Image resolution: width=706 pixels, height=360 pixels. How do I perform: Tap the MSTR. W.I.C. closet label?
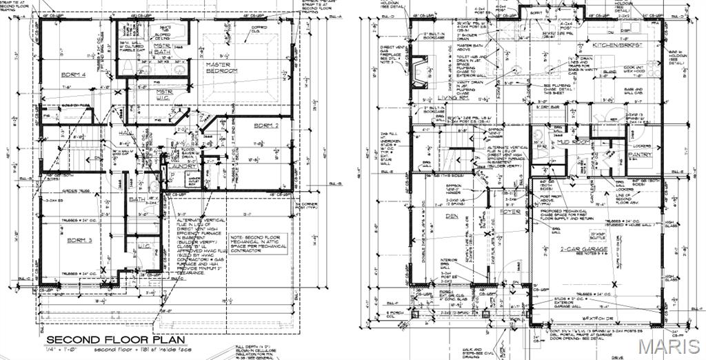[163, 94]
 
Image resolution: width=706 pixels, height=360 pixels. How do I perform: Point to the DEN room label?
[452, 216]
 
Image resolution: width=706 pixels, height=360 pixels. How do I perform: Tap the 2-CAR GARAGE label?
[584, 249]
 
